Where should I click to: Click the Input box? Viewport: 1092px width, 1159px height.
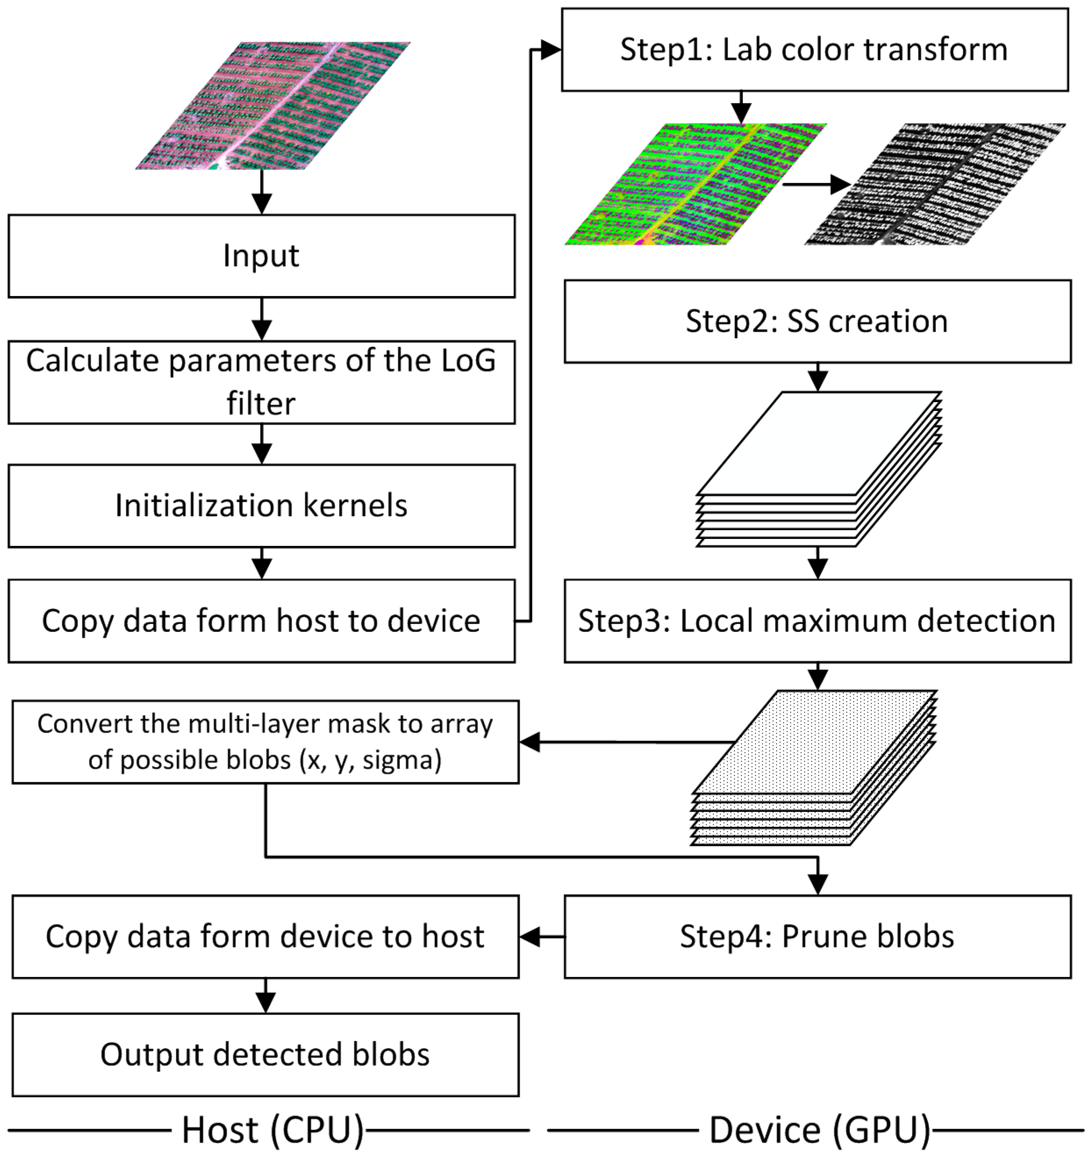(261, 256)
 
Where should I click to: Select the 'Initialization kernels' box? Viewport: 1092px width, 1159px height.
(261, 506)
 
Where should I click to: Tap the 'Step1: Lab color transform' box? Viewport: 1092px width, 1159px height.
(814, 50)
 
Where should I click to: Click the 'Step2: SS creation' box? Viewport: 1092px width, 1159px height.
(817, 321)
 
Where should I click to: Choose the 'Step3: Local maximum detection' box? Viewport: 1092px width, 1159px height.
(817, 621)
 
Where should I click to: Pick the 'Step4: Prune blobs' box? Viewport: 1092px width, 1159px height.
(817, 937)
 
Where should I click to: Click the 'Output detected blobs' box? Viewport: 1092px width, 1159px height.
(265, 1055)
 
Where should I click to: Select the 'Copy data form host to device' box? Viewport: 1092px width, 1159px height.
(261, 621)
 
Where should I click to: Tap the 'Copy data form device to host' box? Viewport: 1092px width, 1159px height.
(265, 937)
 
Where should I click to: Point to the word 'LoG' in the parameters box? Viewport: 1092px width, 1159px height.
(468, 361)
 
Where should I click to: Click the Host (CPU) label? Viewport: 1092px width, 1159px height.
(273, 1130)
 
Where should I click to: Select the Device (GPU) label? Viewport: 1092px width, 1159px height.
(820, 1130)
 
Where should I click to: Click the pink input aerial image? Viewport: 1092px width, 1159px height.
(273, 106)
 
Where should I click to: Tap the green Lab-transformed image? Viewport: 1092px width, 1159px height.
(695, 184)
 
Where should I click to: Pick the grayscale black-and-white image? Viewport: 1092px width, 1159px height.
(935, 184)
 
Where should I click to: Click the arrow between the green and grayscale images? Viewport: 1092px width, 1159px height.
(816, 185)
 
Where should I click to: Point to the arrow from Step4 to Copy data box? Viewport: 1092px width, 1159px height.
(541, 937)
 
